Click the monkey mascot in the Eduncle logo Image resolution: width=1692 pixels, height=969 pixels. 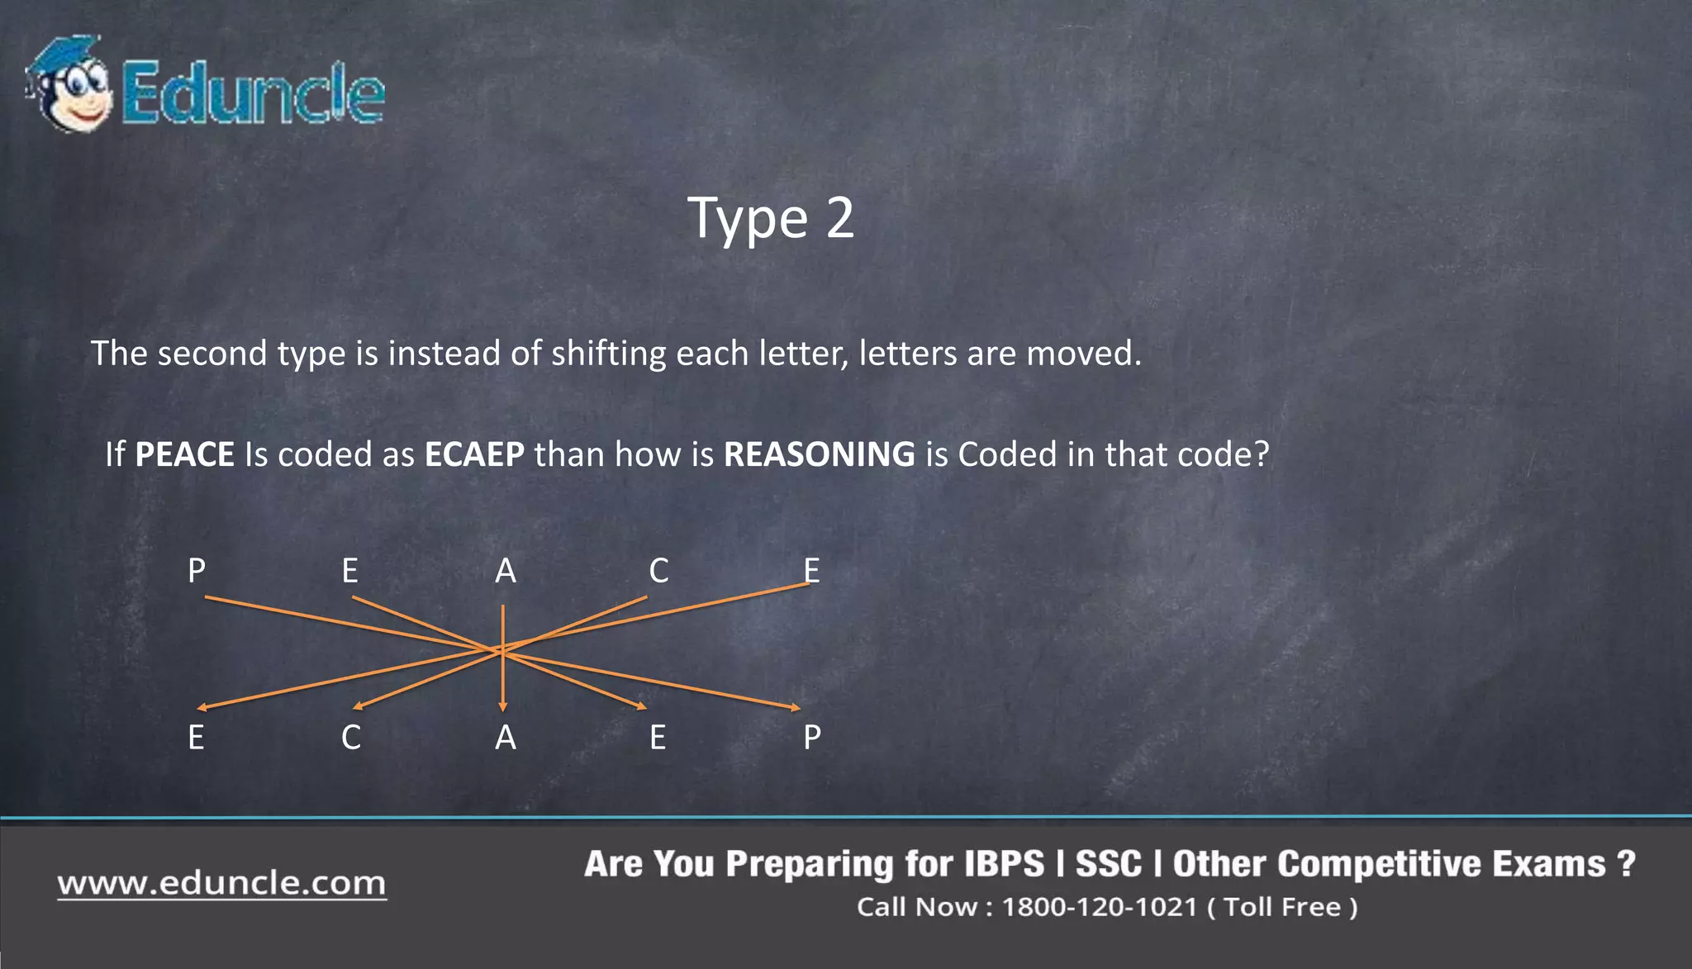click(69, 84)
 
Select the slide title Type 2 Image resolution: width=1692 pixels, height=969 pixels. click(771, 218)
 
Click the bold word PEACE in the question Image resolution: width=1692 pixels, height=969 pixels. click(184, 454)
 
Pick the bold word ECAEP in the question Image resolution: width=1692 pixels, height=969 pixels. click(474, 454)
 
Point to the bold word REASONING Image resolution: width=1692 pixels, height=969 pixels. click(819, 454)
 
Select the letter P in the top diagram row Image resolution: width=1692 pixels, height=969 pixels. click(197, 571)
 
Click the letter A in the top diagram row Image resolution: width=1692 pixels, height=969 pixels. click(505, 571)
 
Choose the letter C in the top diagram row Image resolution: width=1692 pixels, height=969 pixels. click(658, 571)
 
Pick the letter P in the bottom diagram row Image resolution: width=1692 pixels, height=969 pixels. click(812, 737)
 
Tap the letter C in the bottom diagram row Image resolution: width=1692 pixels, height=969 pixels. click(351, 737)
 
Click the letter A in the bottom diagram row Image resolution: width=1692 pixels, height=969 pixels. click(505, 737)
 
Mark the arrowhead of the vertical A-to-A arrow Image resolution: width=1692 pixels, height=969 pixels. click(502, 706)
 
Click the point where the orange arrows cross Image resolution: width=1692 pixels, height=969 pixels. click(501, 651)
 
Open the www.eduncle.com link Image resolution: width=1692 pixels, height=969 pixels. click(221, 883)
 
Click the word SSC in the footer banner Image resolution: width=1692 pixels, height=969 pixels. click(1108, 864)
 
